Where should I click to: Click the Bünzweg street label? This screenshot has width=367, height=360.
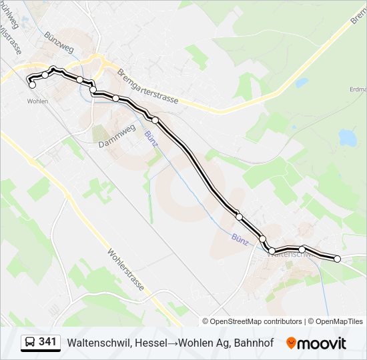(59, 40)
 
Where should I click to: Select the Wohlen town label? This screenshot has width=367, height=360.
(37, 101)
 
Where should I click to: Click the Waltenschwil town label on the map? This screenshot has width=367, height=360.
(288, 254)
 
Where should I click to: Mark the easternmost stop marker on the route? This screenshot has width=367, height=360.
(337, 259)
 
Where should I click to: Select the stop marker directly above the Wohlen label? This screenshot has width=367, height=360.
(32, 85)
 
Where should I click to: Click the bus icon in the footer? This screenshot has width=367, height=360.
(29, 343)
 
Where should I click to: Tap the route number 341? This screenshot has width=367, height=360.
(47, 342)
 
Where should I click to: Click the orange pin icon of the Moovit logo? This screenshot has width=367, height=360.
(291, 343)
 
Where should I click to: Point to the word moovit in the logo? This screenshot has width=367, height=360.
(322, 343)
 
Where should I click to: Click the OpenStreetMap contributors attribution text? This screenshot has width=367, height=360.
(256, 321)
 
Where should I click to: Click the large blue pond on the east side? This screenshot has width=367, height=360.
(348, 137)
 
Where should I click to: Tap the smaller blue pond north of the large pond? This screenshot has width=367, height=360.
(302, 83)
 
